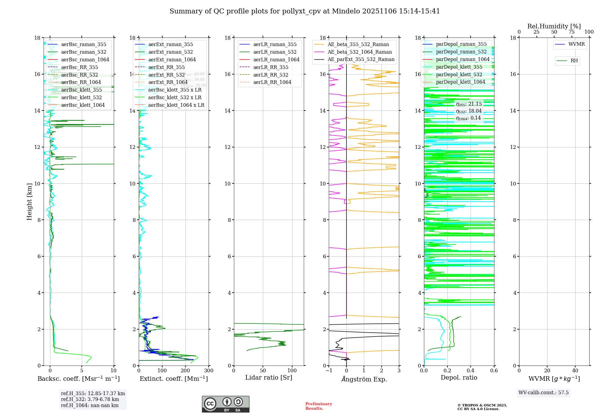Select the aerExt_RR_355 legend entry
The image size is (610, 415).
(x=167, y=67)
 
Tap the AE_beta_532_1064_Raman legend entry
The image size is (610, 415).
(x=360, y=52)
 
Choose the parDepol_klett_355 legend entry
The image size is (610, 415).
(x=459, y=67)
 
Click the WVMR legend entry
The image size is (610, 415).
(x=576, y=45)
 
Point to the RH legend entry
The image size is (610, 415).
(x=574, y=61)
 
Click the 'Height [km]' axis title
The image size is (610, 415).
(x=29, y=202)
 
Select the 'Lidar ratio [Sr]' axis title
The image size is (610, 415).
(x=269, y=378)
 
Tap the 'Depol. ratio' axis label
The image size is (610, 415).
(x=459, y=378)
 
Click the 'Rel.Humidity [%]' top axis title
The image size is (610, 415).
(x=554, y=26)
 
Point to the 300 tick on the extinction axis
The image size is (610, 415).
(x=209, y=371)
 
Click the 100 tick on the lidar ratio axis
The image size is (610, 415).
(x=292, y=371)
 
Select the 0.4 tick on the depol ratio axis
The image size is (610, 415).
(x=471, y=371)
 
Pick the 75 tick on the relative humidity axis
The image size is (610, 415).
(x=572, y=32)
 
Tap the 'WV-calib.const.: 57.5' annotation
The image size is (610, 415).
(x=544, y=393)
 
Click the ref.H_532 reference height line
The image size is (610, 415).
(x=90, y=399)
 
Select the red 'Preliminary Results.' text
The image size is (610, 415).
(x=318, y=406)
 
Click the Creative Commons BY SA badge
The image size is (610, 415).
(x=225, y=404)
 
